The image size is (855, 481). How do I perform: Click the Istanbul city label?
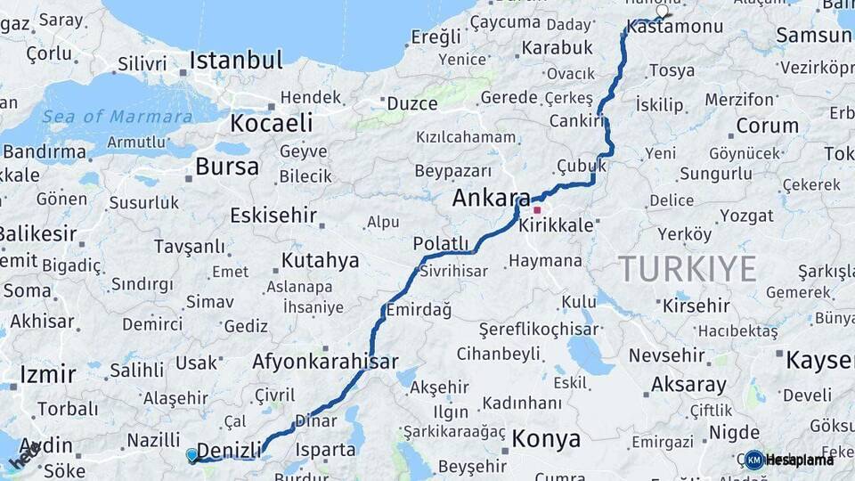pyautogui.click(x=235, y=61)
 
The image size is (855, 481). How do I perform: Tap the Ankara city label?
pyautogui.click(x=491, y=198)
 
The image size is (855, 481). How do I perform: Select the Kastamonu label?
pyautogui.click(x=674, y=28)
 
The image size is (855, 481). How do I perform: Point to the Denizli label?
pyautogui.click(x=229, y=449)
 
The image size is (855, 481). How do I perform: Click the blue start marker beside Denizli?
pyautogui.click(x=191, y=455)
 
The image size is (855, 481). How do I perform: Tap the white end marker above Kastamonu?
pyautogui.click(x=663, y=12)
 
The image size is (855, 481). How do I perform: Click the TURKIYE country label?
pyautogui.click(x=688, y=268)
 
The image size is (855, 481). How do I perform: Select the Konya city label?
pyautogui.click(x=546, y=439)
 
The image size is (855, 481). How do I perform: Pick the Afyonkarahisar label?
pyautogui.click(x=324, y=362)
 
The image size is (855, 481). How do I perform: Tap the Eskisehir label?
pyautogui.click(x=273, y=215)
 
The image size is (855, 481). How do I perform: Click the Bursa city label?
pyautogui.click(x=227, y=167)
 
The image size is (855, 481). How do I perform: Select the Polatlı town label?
pyautogui.click(x=440, y=243)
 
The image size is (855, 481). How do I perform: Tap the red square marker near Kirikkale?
pyautogui.click(x=537, y=210)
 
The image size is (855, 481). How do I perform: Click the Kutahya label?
pyautogui.click(x=320, y=261)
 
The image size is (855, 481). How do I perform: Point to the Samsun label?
pyautogui.click(x=812, y=36)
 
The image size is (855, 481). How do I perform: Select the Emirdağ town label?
pyautogui.click(x=418, y=310)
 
